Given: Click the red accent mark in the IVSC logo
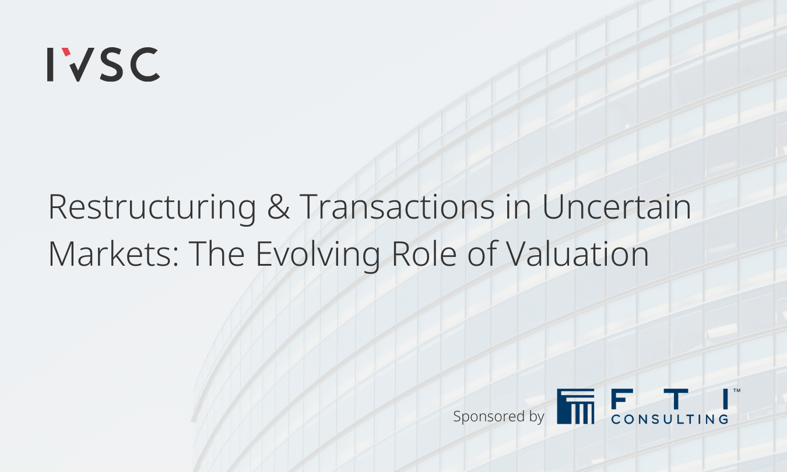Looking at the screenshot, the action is click(x=66, y=52).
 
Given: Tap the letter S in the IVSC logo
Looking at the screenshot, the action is click(x=111, y=65).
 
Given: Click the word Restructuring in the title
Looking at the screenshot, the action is click(x=152, y=208).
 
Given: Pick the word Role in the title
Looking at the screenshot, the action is click(x=424, y=253).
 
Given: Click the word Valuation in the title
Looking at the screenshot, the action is click(x=578, y=253).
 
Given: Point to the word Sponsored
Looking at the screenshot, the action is click(x=489, y=417).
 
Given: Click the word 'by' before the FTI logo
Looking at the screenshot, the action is click(x=536, y=417).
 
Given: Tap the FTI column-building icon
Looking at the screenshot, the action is click(x=575, y=406).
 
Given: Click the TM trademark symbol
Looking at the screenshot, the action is click(x=737, y=390).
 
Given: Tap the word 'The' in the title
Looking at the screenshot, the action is click(x=216, y=253).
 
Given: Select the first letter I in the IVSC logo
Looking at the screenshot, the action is click(x=50, y=65).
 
